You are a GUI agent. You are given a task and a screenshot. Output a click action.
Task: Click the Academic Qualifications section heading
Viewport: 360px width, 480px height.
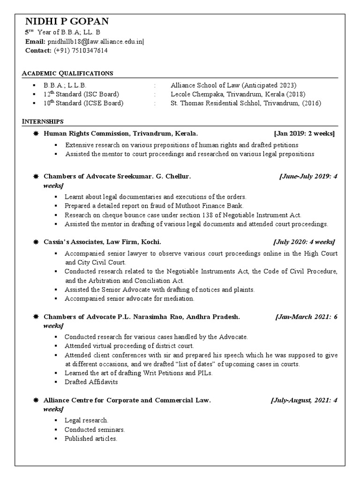click(68, 74)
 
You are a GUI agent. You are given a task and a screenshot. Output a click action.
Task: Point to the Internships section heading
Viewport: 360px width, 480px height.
click(43, 122)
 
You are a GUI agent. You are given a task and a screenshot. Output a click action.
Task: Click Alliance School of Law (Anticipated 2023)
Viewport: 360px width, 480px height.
click(233, 85)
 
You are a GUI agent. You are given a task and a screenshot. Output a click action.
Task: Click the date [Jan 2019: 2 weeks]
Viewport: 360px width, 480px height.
click(304, 134)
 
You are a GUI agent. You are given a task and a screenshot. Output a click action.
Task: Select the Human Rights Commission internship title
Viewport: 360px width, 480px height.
click(120, 134)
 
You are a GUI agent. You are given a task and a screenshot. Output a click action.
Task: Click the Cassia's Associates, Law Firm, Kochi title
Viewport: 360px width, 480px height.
click(102, 242)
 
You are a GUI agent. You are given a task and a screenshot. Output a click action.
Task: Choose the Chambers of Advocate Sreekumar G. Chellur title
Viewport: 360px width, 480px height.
click(117, 177)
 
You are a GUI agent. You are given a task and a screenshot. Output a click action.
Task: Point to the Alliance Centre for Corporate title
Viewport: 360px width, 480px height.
click(127, 400)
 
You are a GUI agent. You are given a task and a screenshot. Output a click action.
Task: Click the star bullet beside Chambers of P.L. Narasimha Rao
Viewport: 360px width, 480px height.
click(36, 317)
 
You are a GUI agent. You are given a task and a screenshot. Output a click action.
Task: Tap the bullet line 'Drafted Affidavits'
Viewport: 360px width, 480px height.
click(91, 382)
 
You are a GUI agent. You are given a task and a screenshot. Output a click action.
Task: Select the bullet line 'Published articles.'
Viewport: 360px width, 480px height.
click(91, 439)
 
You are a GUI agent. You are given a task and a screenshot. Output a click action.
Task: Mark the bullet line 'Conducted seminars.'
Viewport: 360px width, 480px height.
click(95, 429)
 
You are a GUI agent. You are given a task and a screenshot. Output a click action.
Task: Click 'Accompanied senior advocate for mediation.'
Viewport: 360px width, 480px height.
click(129, 299)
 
